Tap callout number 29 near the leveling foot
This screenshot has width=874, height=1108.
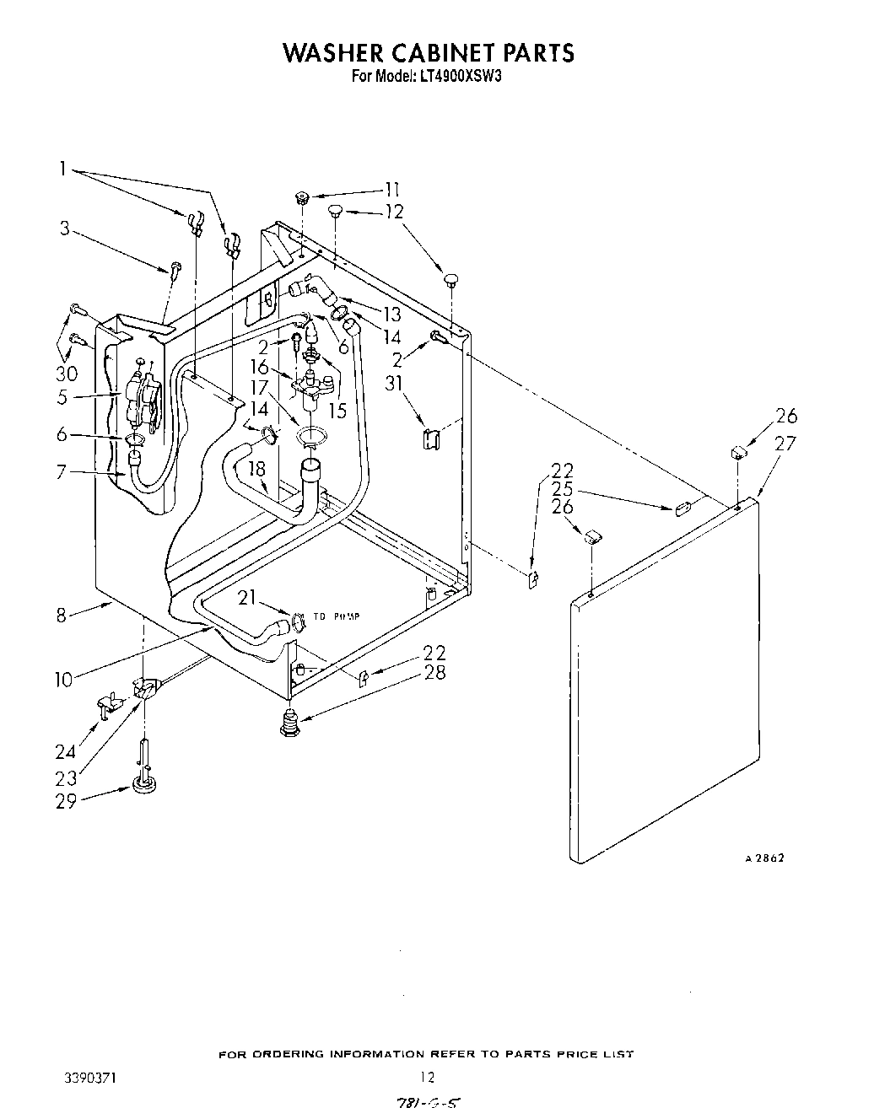[x=66, y=801]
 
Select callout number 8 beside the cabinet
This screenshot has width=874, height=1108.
[x=62, y=615]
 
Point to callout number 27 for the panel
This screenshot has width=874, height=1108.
[x=785, y=443]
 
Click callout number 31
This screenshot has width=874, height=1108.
[x=393, y=384]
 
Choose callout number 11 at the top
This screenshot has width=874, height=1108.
[x=391, y=190]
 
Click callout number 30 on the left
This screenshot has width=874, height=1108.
[x=67, y=373]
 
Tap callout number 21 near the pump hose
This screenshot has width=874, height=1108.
[x=246, y=598]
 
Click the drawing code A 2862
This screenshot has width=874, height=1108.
[x=764, y=858]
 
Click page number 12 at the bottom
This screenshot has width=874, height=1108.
[x=428, y=1077]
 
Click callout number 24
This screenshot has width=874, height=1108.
[x=66, y=752]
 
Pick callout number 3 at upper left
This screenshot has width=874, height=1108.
[x=64, y=228]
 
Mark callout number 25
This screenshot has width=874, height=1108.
[x=562, y=488]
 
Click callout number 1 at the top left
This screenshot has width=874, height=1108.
[x=62, y=169]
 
